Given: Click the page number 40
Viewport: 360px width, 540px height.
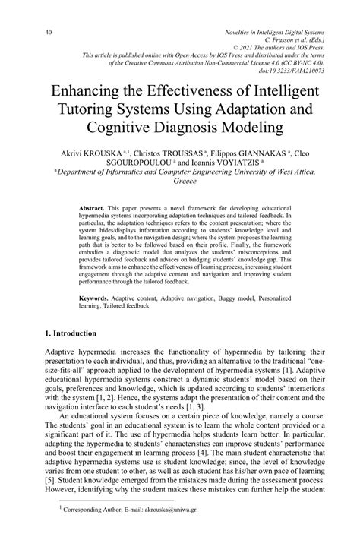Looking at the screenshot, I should pyautogui.click(x=47, y=32).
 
